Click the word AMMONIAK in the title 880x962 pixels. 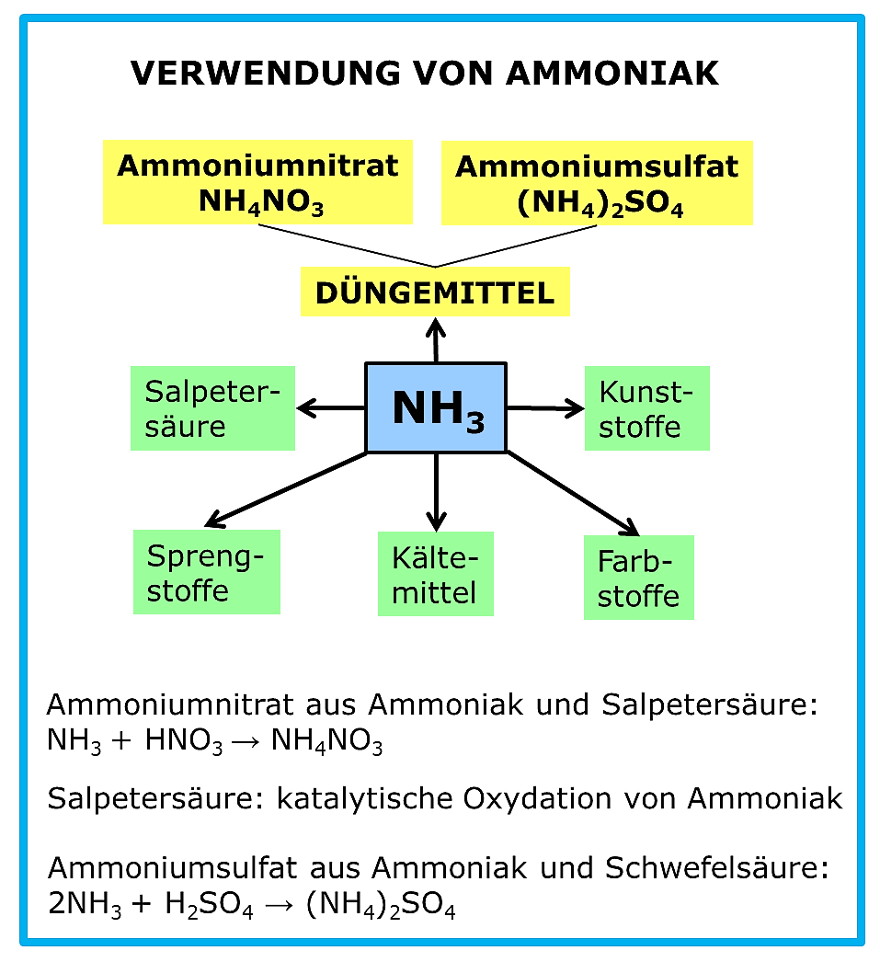pos(612,73)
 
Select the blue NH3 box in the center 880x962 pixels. pos(436,408)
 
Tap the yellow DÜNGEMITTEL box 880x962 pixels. pos(435,292)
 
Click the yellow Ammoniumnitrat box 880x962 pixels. pos(257,182)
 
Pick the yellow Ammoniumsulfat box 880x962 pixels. pos(597,183)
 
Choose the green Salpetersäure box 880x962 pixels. pos(212,408)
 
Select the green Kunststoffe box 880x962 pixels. pos(647,408)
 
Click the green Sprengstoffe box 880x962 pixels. pos(207,572)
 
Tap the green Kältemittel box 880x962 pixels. pos(435,574)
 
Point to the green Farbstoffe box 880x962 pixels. pos(638,578)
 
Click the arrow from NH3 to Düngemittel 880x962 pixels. pos(436,340)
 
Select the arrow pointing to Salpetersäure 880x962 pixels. pos(331,408)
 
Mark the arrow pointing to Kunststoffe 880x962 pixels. pos(546,408)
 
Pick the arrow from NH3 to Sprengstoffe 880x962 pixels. pos(286,489)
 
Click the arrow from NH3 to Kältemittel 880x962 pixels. pos(436,492)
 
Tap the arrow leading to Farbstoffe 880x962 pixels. pos(573,493)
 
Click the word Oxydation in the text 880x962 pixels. pos(537,799)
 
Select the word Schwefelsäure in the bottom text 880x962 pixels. pos(716,868)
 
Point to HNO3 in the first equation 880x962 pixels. pos(183,741)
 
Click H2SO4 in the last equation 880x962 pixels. pos(209,904)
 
